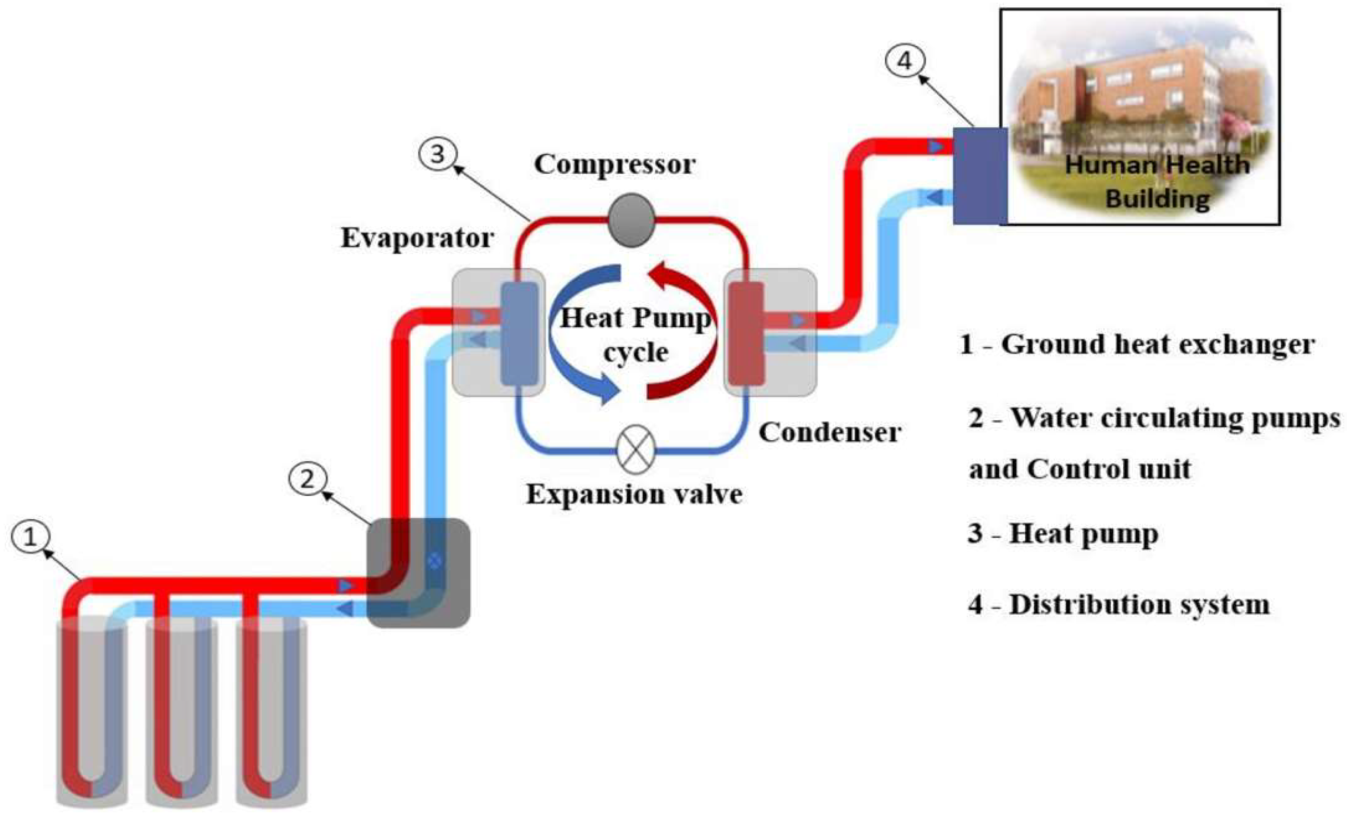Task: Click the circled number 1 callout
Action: coord(31,537)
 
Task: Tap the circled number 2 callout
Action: coord(308,479)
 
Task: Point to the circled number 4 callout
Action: coord(905,61)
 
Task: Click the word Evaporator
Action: coord(417,239)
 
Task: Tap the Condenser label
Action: coord(829,433)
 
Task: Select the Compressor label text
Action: coord(615,164)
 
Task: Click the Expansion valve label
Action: coord(634,495)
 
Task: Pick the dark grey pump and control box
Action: coord(418,573)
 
